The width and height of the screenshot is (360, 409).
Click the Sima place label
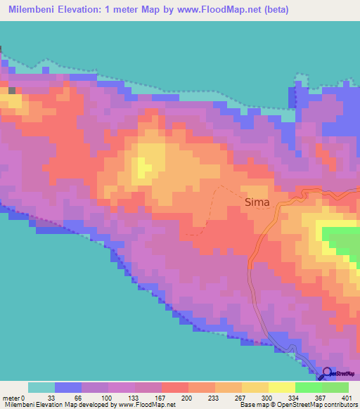tap(257, 202)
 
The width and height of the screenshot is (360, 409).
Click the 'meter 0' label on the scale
tap(15, 397)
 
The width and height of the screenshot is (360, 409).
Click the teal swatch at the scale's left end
tap(41, 387)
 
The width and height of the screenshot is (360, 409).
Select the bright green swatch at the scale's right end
tap(335, 387)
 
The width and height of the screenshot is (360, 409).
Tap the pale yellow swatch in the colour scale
tap(281, 387)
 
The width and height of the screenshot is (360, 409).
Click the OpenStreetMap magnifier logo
tap(328, 374)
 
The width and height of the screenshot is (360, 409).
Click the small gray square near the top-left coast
tap(11, 90)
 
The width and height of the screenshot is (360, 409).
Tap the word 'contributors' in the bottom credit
tap(340, 405)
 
